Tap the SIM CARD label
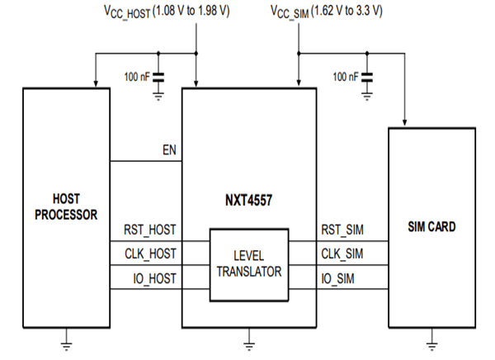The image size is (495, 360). coord(431,226)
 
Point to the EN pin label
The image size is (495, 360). coord(170,152)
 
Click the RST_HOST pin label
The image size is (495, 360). coord(149,230)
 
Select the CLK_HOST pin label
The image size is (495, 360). coord(149,254)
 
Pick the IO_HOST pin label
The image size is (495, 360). coord(154,278)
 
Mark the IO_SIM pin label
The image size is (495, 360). coord(339,278)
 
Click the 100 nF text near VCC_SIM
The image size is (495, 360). coord(345,76)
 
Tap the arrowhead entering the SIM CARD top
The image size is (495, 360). coord(404,121)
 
